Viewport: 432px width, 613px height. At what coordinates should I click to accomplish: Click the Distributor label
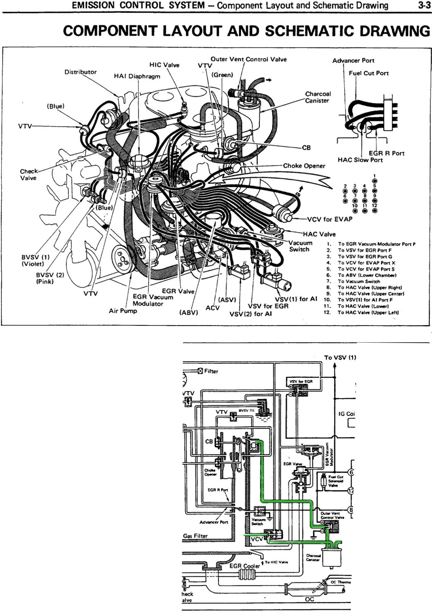(x=80, y=72)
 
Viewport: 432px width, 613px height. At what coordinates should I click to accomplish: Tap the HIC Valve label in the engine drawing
(x=164, y=65)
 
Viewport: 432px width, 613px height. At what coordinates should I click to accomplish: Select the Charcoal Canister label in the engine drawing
(x=318, y=97)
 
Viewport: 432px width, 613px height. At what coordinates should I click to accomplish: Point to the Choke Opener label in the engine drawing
(x=304, y=166)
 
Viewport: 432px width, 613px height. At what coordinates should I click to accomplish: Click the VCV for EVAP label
(x=330, y=219)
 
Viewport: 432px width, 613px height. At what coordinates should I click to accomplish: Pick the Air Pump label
(x=123, y=311)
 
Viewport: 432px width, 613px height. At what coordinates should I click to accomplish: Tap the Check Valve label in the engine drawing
(x=29, y=175)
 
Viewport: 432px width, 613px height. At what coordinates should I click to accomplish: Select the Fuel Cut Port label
(x=369, y=73)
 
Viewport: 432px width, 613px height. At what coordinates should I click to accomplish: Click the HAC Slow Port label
(x=360, y=160)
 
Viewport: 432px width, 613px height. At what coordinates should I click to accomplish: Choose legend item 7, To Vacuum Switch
(x=359, y=281)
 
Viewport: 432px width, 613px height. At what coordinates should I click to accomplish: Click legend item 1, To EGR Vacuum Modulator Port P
(x=376, y=244)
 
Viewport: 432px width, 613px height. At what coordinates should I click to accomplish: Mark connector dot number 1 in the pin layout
(x=375, y=181)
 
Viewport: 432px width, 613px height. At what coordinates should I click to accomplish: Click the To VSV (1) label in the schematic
(x=340, y=358)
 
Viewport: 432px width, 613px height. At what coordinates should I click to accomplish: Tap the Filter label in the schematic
(x=211, y=371)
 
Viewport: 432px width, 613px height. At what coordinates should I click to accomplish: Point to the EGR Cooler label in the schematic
(x=245, y=566)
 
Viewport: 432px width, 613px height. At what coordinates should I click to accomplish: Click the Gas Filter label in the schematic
(x=195, y=536)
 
